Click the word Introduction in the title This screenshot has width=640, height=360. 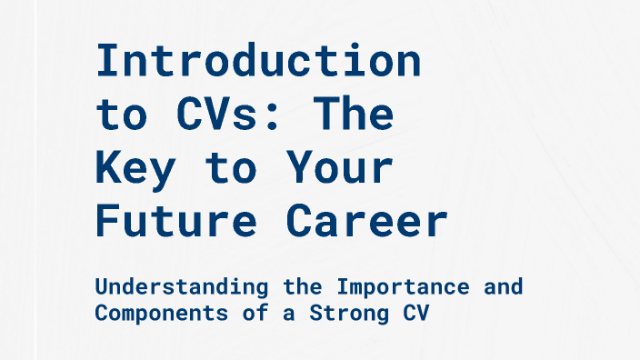[258, 62]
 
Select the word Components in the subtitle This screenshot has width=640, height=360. [143, 313]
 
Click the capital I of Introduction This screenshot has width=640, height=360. [109, 62]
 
